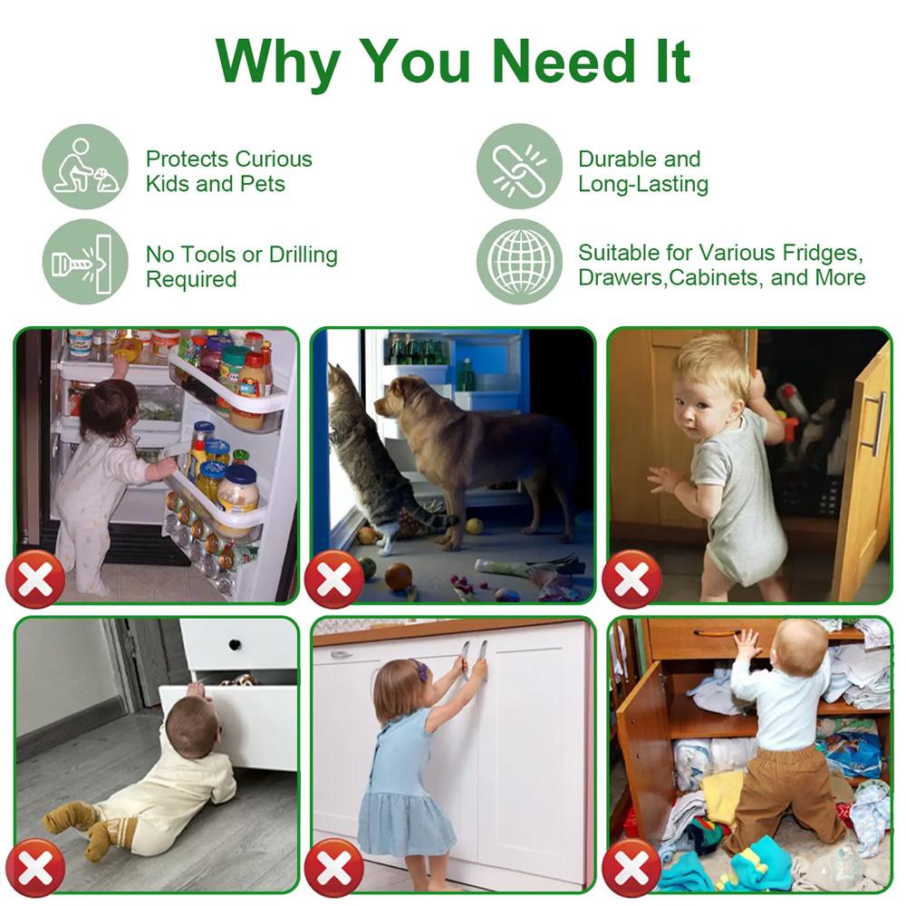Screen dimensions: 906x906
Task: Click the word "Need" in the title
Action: pos(564,61)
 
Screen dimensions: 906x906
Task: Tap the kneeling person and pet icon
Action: pos(85,167)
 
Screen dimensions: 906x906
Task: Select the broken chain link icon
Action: pos(519,167)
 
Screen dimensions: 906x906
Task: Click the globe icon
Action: pos(519,262)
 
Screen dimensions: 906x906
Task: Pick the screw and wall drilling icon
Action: pos(85,262)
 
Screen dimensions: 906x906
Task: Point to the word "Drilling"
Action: pos(304,255)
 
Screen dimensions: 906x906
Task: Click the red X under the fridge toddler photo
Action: pos(36,579)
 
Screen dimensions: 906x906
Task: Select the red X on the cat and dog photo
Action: pos(334,579)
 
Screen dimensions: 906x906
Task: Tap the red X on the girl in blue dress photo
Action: pos(334,868)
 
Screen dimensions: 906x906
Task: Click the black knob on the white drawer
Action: pos(236,644)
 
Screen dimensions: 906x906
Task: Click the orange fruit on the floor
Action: pos(398,576)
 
